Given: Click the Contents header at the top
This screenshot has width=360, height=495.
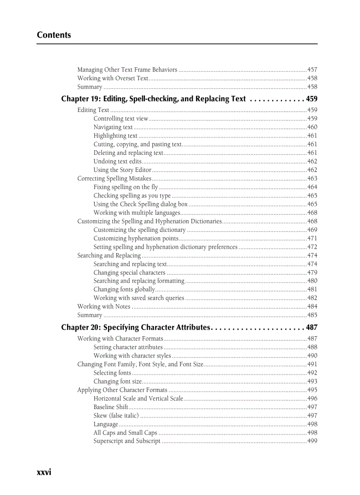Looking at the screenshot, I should [54, 35].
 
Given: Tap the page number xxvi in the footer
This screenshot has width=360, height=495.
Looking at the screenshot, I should [44, 472].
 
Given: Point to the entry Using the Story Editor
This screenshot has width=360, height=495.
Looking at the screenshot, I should [122, 170].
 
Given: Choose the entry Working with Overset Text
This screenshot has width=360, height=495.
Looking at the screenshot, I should [112, 78].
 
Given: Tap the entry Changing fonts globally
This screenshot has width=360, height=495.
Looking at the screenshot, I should [124, 290].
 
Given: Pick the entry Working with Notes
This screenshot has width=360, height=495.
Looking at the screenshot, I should [104, 307].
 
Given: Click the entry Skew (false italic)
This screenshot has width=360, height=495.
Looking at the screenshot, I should [116, 416].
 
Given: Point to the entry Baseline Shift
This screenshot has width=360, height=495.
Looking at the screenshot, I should [111, 407].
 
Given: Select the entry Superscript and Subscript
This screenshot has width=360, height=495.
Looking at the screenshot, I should [127, 441].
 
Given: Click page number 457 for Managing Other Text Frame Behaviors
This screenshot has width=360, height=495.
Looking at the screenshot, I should [312, 70].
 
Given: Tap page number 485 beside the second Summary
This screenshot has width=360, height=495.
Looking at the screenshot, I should [312, 315].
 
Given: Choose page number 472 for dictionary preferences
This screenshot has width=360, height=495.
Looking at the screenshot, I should [312, 247].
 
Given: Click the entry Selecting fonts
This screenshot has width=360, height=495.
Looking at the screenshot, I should [112, 373].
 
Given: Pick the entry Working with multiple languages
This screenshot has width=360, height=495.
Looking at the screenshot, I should [136, 213].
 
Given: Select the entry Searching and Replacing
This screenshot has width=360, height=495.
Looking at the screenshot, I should [109, 256].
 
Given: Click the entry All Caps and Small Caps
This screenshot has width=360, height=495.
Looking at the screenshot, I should [125, 433].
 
